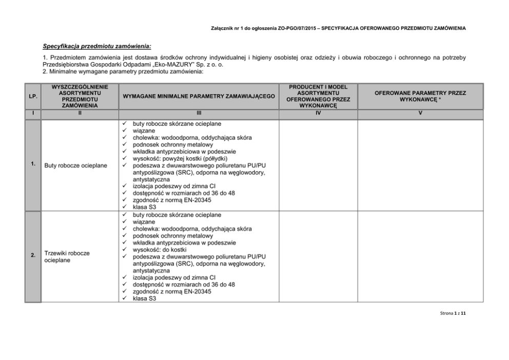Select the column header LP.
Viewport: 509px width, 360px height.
(x=33, y=96)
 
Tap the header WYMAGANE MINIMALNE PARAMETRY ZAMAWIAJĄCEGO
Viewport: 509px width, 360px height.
(x=199, y=96)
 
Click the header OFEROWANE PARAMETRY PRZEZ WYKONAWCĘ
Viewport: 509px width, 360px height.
(x=420, y=96)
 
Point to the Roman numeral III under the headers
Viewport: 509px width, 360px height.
(x=199, y=113)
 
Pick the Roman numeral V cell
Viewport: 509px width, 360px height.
(x=420, y=113)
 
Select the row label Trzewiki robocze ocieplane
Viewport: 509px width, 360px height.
(x=68, y=257)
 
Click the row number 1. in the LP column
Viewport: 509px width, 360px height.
(x=33, y=164)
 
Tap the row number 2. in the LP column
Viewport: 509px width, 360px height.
(x=33, y=255)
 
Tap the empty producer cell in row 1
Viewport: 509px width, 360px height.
(x=318, y=165)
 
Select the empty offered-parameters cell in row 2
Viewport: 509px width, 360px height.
(x=420, y=257)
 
